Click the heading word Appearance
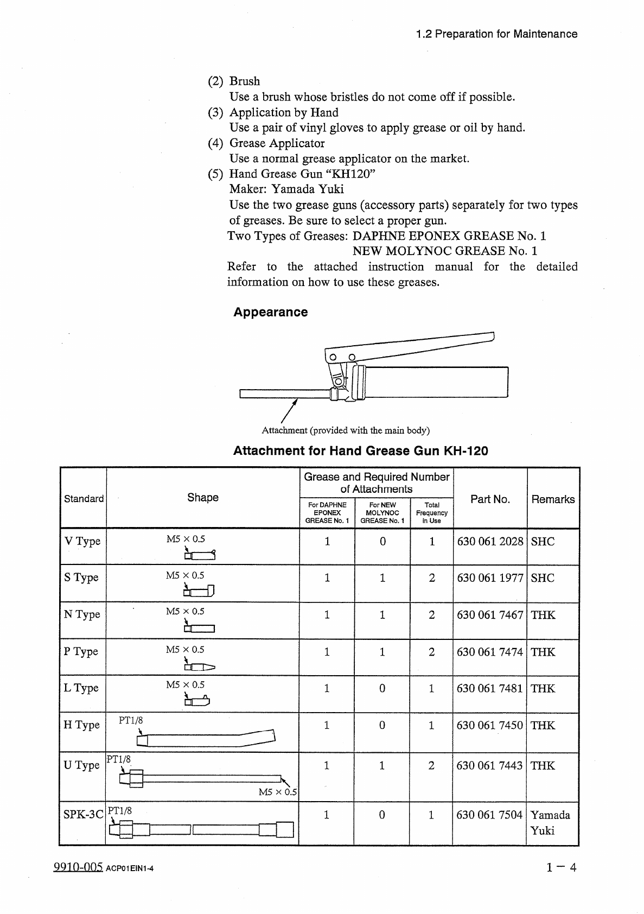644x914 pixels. click(x=270, y=312)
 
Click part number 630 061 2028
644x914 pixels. click(x=490, y=542)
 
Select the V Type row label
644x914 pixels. click(x=82, y=542)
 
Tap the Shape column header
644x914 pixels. click(x=202, y=498)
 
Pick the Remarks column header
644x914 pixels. click(x=552, y=499)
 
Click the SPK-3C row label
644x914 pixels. click(x=82, y=815)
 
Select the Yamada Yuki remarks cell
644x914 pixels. click(x=550, y=822)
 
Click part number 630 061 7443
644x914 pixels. click(x=489, y=766)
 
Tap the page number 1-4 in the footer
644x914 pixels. click(x=562, y=867)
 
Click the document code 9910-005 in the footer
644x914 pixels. click(x=78, y=867)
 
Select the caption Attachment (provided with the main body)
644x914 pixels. click(x=346, y=430)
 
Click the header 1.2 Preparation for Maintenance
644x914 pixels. click(x=496, y=34)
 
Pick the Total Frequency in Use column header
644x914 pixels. click(x=431, y=512)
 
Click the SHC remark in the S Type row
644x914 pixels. click(x=543, y=578)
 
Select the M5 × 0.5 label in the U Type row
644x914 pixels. click(x=278, y=792)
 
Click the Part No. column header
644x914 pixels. click(x=490, y=499)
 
